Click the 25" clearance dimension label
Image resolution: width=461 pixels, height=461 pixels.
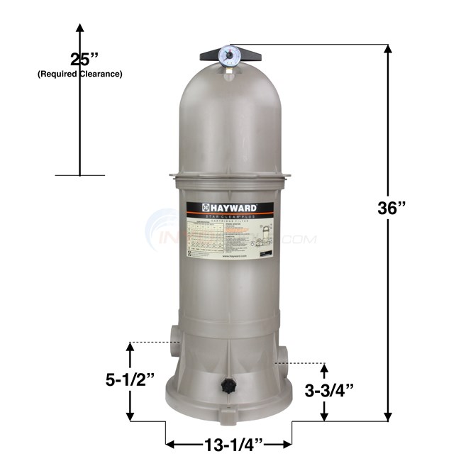click(79, 59)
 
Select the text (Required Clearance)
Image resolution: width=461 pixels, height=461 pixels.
click(79, 74)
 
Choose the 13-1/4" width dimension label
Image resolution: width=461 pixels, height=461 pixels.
click(229, 445)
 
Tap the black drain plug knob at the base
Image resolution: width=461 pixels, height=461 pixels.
click(228, 386)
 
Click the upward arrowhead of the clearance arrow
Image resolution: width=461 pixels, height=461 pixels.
click(79, 28)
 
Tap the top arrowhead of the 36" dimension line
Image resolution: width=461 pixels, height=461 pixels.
click(387, 49)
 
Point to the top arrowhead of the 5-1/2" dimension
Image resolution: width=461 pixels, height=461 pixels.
click(130, 346)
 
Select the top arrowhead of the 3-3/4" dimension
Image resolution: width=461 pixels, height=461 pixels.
click(325, 367)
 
